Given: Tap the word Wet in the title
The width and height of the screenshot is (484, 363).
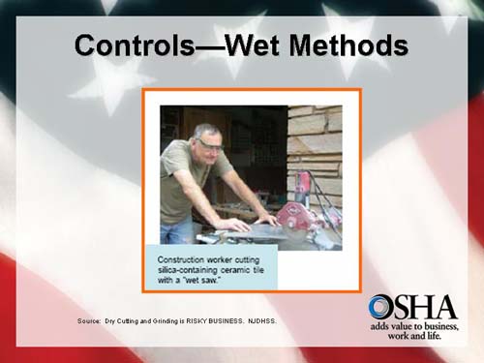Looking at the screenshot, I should (x=256, y=45).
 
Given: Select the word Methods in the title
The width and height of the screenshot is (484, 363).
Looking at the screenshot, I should (x=348, y=45).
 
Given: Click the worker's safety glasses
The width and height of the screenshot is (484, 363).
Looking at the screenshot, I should (x=208, y=143).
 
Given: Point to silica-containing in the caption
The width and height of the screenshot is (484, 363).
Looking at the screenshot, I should (x=193, y=271).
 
